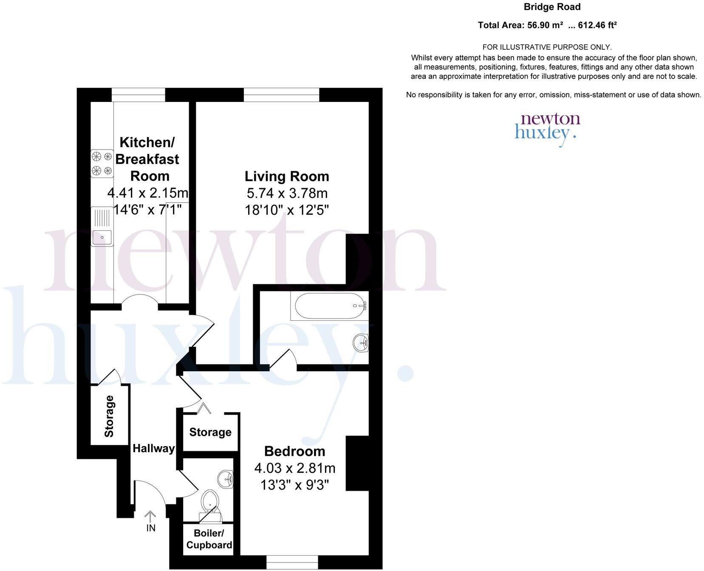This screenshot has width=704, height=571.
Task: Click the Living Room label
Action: coord(287,176)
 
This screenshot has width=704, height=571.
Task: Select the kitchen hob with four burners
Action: coord(102,164)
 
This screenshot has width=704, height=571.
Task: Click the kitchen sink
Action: coord(102,226)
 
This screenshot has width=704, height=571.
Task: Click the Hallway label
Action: coord(153,448)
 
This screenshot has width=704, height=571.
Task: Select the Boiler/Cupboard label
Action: coord(209,539)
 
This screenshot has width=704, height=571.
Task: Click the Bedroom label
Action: coord(294,451)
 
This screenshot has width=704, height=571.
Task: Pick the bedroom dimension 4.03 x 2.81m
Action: coord(294,468)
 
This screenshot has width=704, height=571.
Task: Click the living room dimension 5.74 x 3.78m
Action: coord(287,193)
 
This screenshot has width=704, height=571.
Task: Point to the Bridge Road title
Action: coord(551,7)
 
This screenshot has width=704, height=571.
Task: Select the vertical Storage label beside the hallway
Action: coord(109,416)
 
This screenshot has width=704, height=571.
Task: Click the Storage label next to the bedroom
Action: coord(210,432)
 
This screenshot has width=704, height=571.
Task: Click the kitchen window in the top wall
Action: coord(138,95)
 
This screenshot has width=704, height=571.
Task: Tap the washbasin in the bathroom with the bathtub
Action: coord(361,342)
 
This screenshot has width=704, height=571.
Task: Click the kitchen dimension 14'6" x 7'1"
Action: coord(147,209)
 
